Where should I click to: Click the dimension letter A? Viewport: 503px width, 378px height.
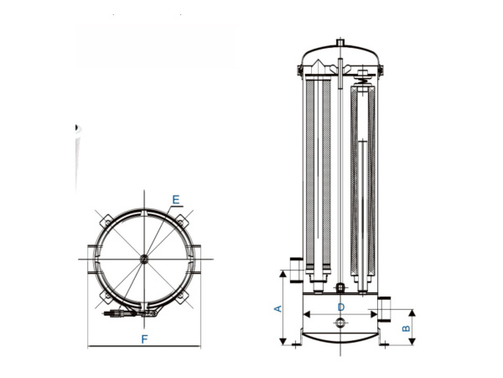(277, 308)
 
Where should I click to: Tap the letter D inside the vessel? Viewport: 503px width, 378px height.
(341, 307)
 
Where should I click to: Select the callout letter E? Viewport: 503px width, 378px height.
(175, 200)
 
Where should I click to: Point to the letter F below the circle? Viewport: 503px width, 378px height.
(144, 339)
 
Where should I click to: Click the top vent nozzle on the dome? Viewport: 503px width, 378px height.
(341, 41)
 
